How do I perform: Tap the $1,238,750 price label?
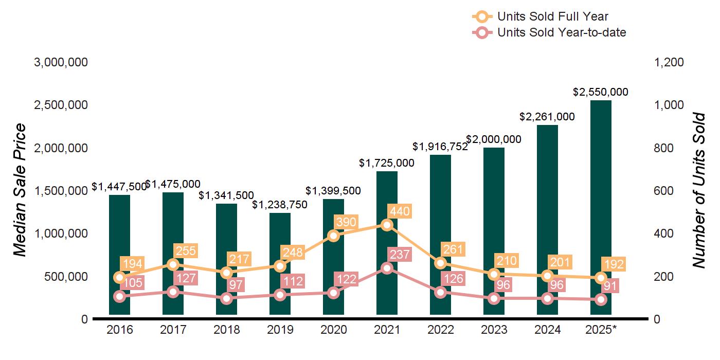(280, 205)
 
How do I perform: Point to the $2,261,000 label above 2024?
(547, 117)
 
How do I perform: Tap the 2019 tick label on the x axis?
(280, 330)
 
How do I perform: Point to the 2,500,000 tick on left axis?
(61, 105)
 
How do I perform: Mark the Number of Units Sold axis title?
(698, 190)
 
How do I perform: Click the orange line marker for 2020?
(333, 236)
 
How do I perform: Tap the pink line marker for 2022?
(440, 292)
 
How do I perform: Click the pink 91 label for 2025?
(612, 285)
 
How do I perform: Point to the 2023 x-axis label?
(494, 330)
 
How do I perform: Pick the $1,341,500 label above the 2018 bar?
(226, 195)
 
